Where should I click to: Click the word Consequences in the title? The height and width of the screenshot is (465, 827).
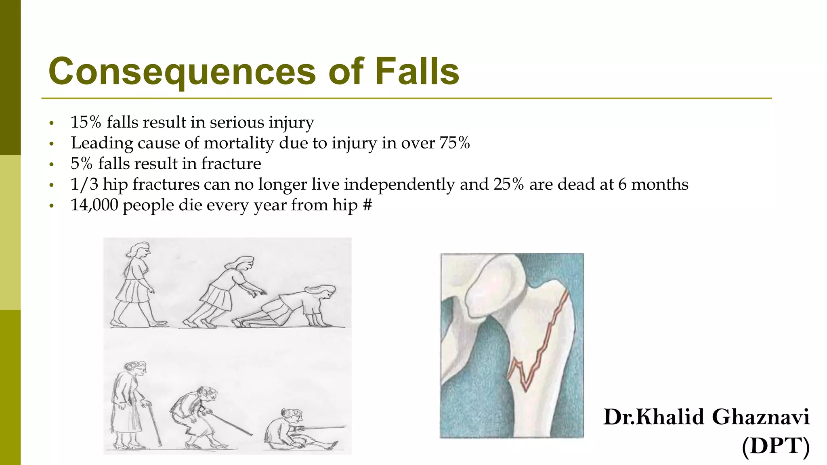coord(182,71)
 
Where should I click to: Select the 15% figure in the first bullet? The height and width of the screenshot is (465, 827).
coord(86,122)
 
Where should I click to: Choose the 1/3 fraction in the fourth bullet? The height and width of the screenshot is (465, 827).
coord(84,184)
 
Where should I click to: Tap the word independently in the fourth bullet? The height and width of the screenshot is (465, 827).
coord(399,184)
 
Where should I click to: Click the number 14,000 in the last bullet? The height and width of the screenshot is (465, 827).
coord(94,205)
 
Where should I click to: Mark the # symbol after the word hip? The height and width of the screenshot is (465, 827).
coord(367,205)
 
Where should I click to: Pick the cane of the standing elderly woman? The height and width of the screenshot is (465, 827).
coord(154,424)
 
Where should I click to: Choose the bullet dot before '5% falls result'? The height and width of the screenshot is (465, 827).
coord(51,164)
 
